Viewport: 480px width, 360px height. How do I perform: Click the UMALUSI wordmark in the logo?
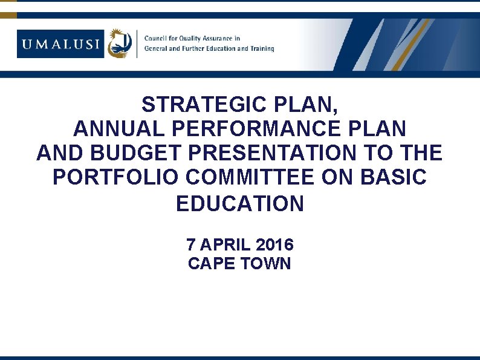[60, 44]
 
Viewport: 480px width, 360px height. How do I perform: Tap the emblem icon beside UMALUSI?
[120, 44]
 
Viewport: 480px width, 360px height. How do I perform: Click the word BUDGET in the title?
[141, 153]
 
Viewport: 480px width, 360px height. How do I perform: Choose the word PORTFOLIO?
[117, 177]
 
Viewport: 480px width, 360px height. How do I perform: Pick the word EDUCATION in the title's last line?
[240, 205]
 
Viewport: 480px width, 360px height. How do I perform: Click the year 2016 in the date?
[274, 245]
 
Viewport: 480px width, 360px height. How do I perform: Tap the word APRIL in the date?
[225, 245]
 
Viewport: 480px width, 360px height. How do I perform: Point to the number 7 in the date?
[190, 245]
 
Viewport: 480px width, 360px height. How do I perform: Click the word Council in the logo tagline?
[155, 38]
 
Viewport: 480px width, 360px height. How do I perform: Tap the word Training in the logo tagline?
[261, 48]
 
